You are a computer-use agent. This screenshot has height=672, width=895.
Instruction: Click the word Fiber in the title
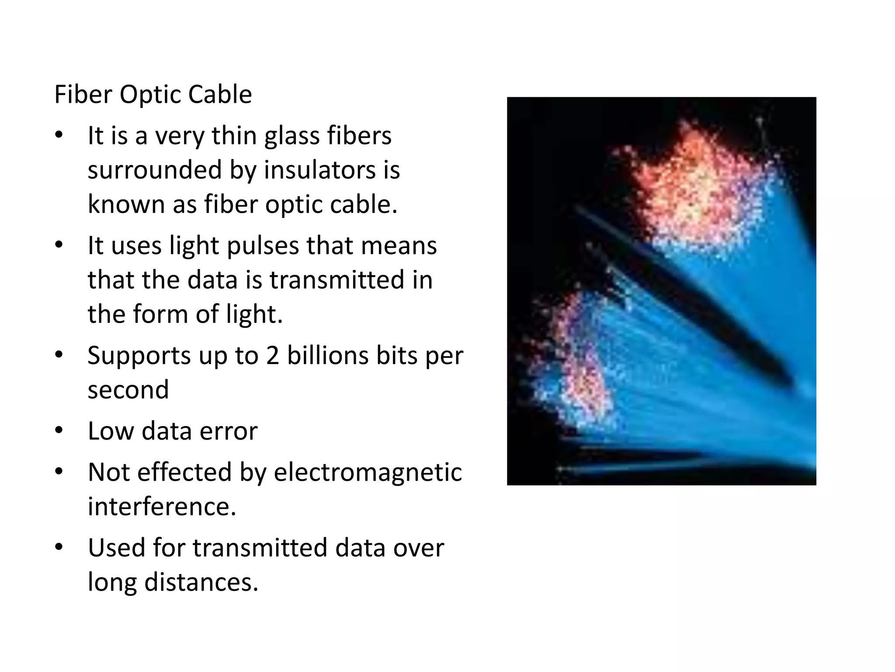(83, 94)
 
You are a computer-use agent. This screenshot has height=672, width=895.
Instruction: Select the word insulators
(319, 170)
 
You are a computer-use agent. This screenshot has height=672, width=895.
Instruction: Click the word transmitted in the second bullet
(336, 280)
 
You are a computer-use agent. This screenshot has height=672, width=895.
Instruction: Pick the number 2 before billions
(272, 355)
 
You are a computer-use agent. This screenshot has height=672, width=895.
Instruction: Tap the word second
(128, 390)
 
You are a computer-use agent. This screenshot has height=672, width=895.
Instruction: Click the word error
(229, 431)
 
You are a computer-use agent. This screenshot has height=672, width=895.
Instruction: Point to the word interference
(162, 507)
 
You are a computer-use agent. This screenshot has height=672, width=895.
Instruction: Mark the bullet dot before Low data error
(59, 430)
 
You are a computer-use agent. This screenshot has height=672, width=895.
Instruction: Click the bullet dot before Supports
(59, 355)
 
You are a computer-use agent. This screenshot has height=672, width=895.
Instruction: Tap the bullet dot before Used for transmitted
(59, 547)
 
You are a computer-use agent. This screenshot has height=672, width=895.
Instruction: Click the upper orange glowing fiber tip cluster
(695, 188)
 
